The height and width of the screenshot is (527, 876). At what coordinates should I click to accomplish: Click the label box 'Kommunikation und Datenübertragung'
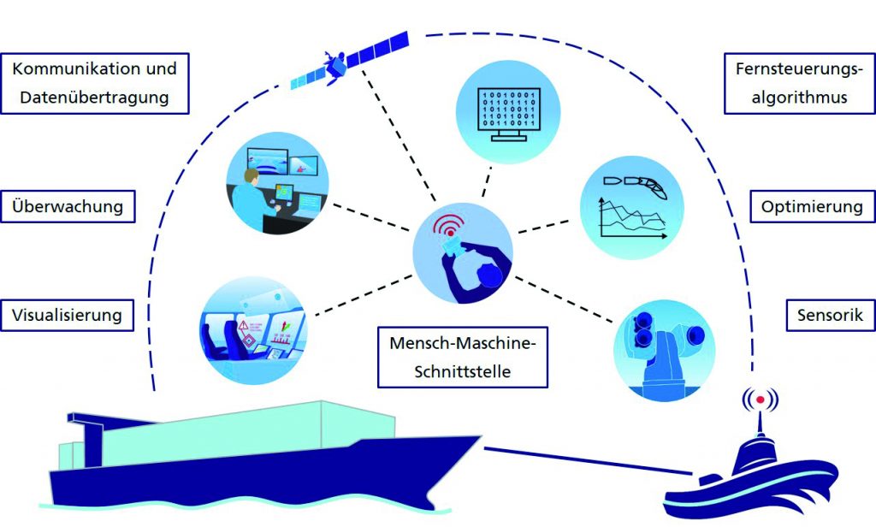click(x=94, y=83)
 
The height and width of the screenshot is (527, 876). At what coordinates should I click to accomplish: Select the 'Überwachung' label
click(x=69, y=206)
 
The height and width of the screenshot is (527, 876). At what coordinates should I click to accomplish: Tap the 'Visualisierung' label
click(x=68, y=314)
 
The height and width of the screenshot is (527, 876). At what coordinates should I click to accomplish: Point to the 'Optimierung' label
click(x=811, y=206)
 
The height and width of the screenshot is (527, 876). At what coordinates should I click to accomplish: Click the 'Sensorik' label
click(x=825, y=314)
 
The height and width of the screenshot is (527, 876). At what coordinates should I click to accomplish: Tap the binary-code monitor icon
click(x=509, y=106)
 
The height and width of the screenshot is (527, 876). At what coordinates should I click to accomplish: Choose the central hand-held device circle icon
click(x=463, y=253)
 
